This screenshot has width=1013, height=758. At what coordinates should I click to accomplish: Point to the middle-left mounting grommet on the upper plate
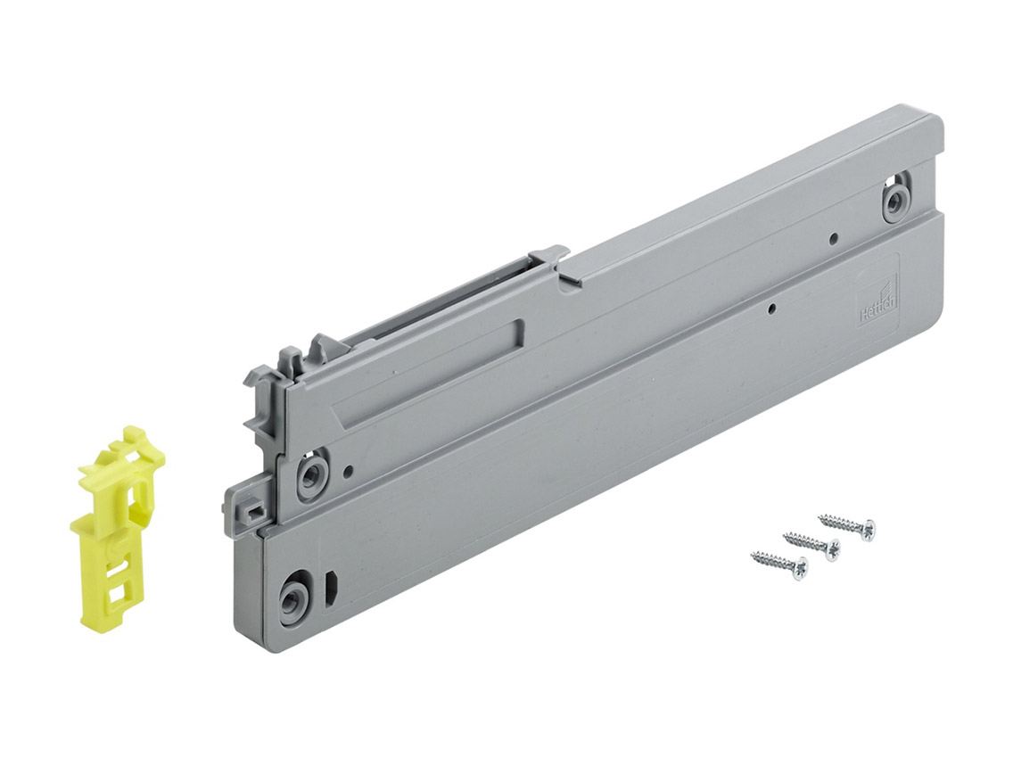[x=310, y=471]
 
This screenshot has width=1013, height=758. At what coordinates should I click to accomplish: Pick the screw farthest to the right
[x=845, y=523]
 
